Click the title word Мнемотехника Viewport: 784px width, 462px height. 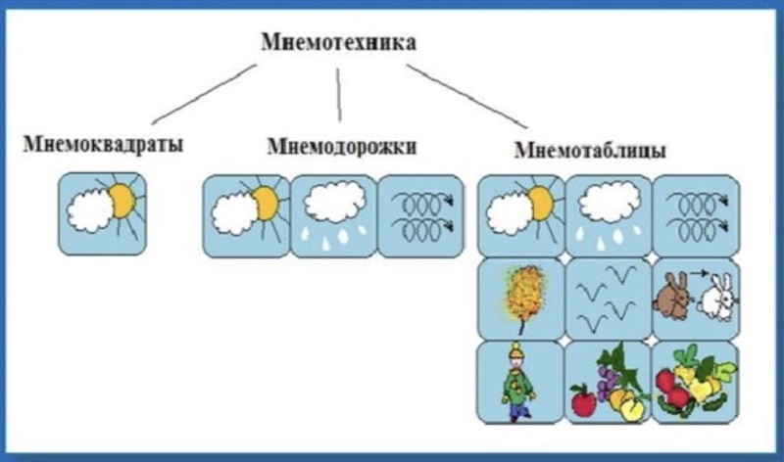point(338,42)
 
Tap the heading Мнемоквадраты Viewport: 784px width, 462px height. point(104,144)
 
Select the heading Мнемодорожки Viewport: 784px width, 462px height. point(342,147)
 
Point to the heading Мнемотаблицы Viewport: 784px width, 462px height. point(591,150)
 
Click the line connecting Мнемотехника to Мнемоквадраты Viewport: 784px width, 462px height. point(204,94)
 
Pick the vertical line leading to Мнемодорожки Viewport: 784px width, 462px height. point(339,95)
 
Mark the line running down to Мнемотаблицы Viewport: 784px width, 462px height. point(466,96)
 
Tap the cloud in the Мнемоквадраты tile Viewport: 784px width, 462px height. point(90,213)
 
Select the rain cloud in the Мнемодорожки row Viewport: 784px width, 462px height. point(334,200)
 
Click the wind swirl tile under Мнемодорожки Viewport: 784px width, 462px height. point(420,216)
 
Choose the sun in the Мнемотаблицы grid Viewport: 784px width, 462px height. point(542,204)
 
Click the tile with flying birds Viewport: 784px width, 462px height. point(609,299)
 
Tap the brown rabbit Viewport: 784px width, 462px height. point(673,297)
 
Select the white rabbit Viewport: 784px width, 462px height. point(716,298)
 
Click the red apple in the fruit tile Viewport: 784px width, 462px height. point(583,399)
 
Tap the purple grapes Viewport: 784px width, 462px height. point(608,382)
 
